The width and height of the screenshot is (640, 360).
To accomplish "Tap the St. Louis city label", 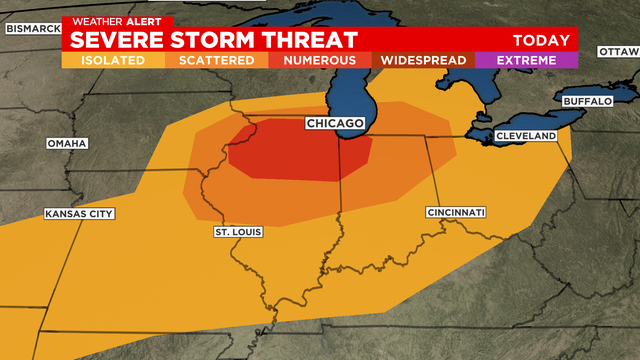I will (x=238, y=232).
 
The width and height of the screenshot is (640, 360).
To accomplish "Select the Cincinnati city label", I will (x=455, y=212).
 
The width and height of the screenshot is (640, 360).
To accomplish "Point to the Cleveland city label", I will (x=525, y=135).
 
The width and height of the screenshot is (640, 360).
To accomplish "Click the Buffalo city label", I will (x=586, y=101).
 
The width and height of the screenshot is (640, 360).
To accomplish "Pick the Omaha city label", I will (x=67, y=143).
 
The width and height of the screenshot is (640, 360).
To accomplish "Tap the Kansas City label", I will (x=79, y=214).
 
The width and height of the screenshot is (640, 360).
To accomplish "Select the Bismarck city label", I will (x=33, y=28).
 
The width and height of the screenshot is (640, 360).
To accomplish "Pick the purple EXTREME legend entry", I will (x=526, y=60).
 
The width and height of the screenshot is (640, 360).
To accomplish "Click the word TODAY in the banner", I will (x=541, y=40).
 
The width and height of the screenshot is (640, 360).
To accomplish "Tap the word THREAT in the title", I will (x=312, y=40).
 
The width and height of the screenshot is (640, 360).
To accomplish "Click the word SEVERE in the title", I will (x=116, y=40).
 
